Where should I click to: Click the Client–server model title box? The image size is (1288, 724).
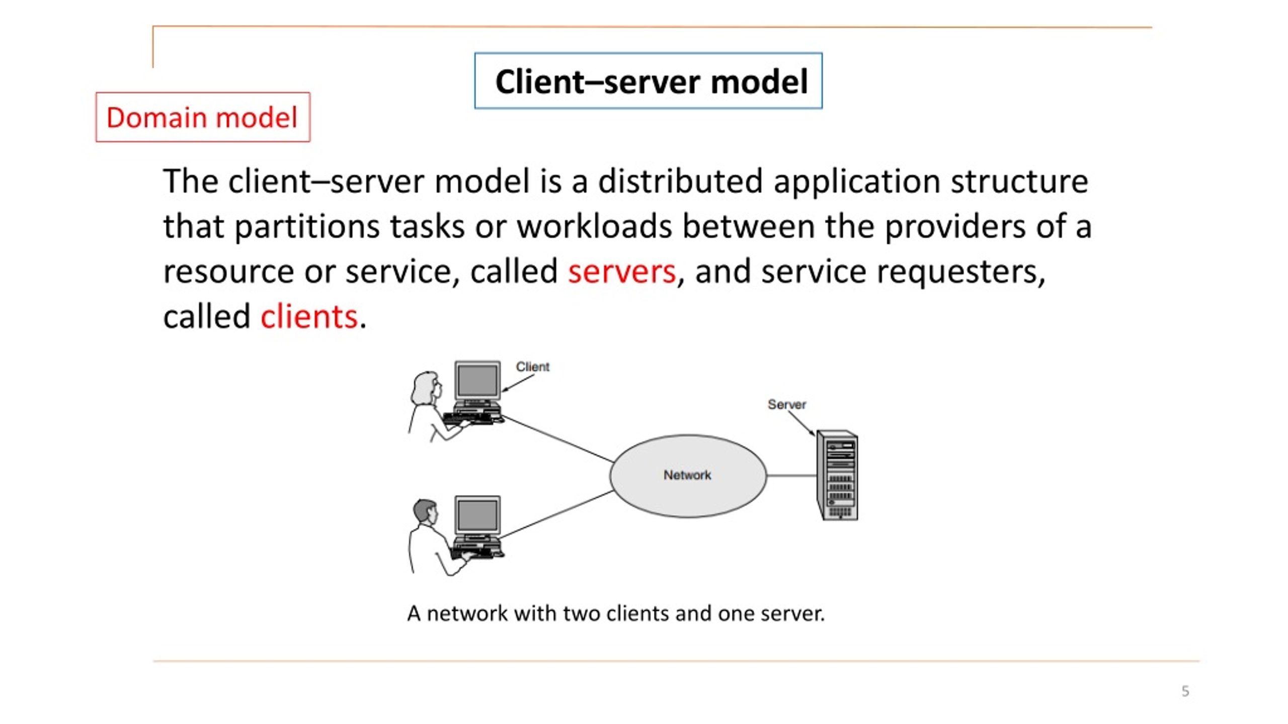tap(648, 80)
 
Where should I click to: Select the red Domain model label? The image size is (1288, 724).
tap(203, 117)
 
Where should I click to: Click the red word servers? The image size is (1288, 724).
tap(621, 271)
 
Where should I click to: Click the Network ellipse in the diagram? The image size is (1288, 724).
tap(688, 476)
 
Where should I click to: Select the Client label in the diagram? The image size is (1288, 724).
tap(532, 367)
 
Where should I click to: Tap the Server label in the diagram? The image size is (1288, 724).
tap(786, 404)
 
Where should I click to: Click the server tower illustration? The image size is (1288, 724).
tap(837, 475)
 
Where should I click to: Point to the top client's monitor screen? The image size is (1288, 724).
tap(477, 380)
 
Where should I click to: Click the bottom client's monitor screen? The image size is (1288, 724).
tap(477, 515)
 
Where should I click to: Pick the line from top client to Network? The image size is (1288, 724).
tap(557, 438)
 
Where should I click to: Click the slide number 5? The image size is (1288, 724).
tap(1185, 691)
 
